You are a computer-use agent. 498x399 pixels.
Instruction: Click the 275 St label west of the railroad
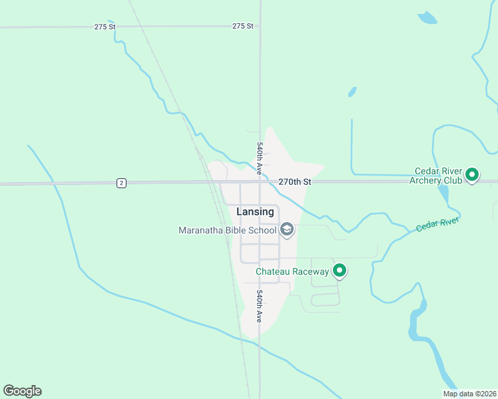(105, 27)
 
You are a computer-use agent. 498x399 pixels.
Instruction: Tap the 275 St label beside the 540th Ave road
(243, 26)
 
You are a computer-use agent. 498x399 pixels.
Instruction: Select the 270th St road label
(295, 182)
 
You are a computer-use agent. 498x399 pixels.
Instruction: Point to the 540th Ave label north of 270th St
(260, 154)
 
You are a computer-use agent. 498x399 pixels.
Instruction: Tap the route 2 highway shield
(121, 183)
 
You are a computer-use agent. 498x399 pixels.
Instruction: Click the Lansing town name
(255, 211)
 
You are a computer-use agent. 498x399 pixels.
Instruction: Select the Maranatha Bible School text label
(227, 231)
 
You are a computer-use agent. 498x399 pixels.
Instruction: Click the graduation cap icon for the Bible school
(287, 230)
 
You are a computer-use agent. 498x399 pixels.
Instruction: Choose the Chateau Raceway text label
(293, 271)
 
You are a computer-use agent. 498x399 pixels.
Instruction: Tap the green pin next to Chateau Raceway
(340, 270)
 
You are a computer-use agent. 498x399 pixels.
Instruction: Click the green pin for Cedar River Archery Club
(472, 175)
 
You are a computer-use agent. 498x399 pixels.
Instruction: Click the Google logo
(22, 391)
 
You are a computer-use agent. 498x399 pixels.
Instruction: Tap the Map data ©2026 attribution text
(469, 394)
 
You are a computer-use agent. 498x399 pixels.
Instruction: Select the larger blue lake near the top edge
(427, 18)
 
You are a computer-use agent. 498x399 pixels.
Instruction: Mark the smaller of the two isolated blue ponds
(352, 92)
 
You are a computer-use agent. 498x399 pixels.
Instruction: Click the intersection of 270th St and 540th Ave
(260, 182)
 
